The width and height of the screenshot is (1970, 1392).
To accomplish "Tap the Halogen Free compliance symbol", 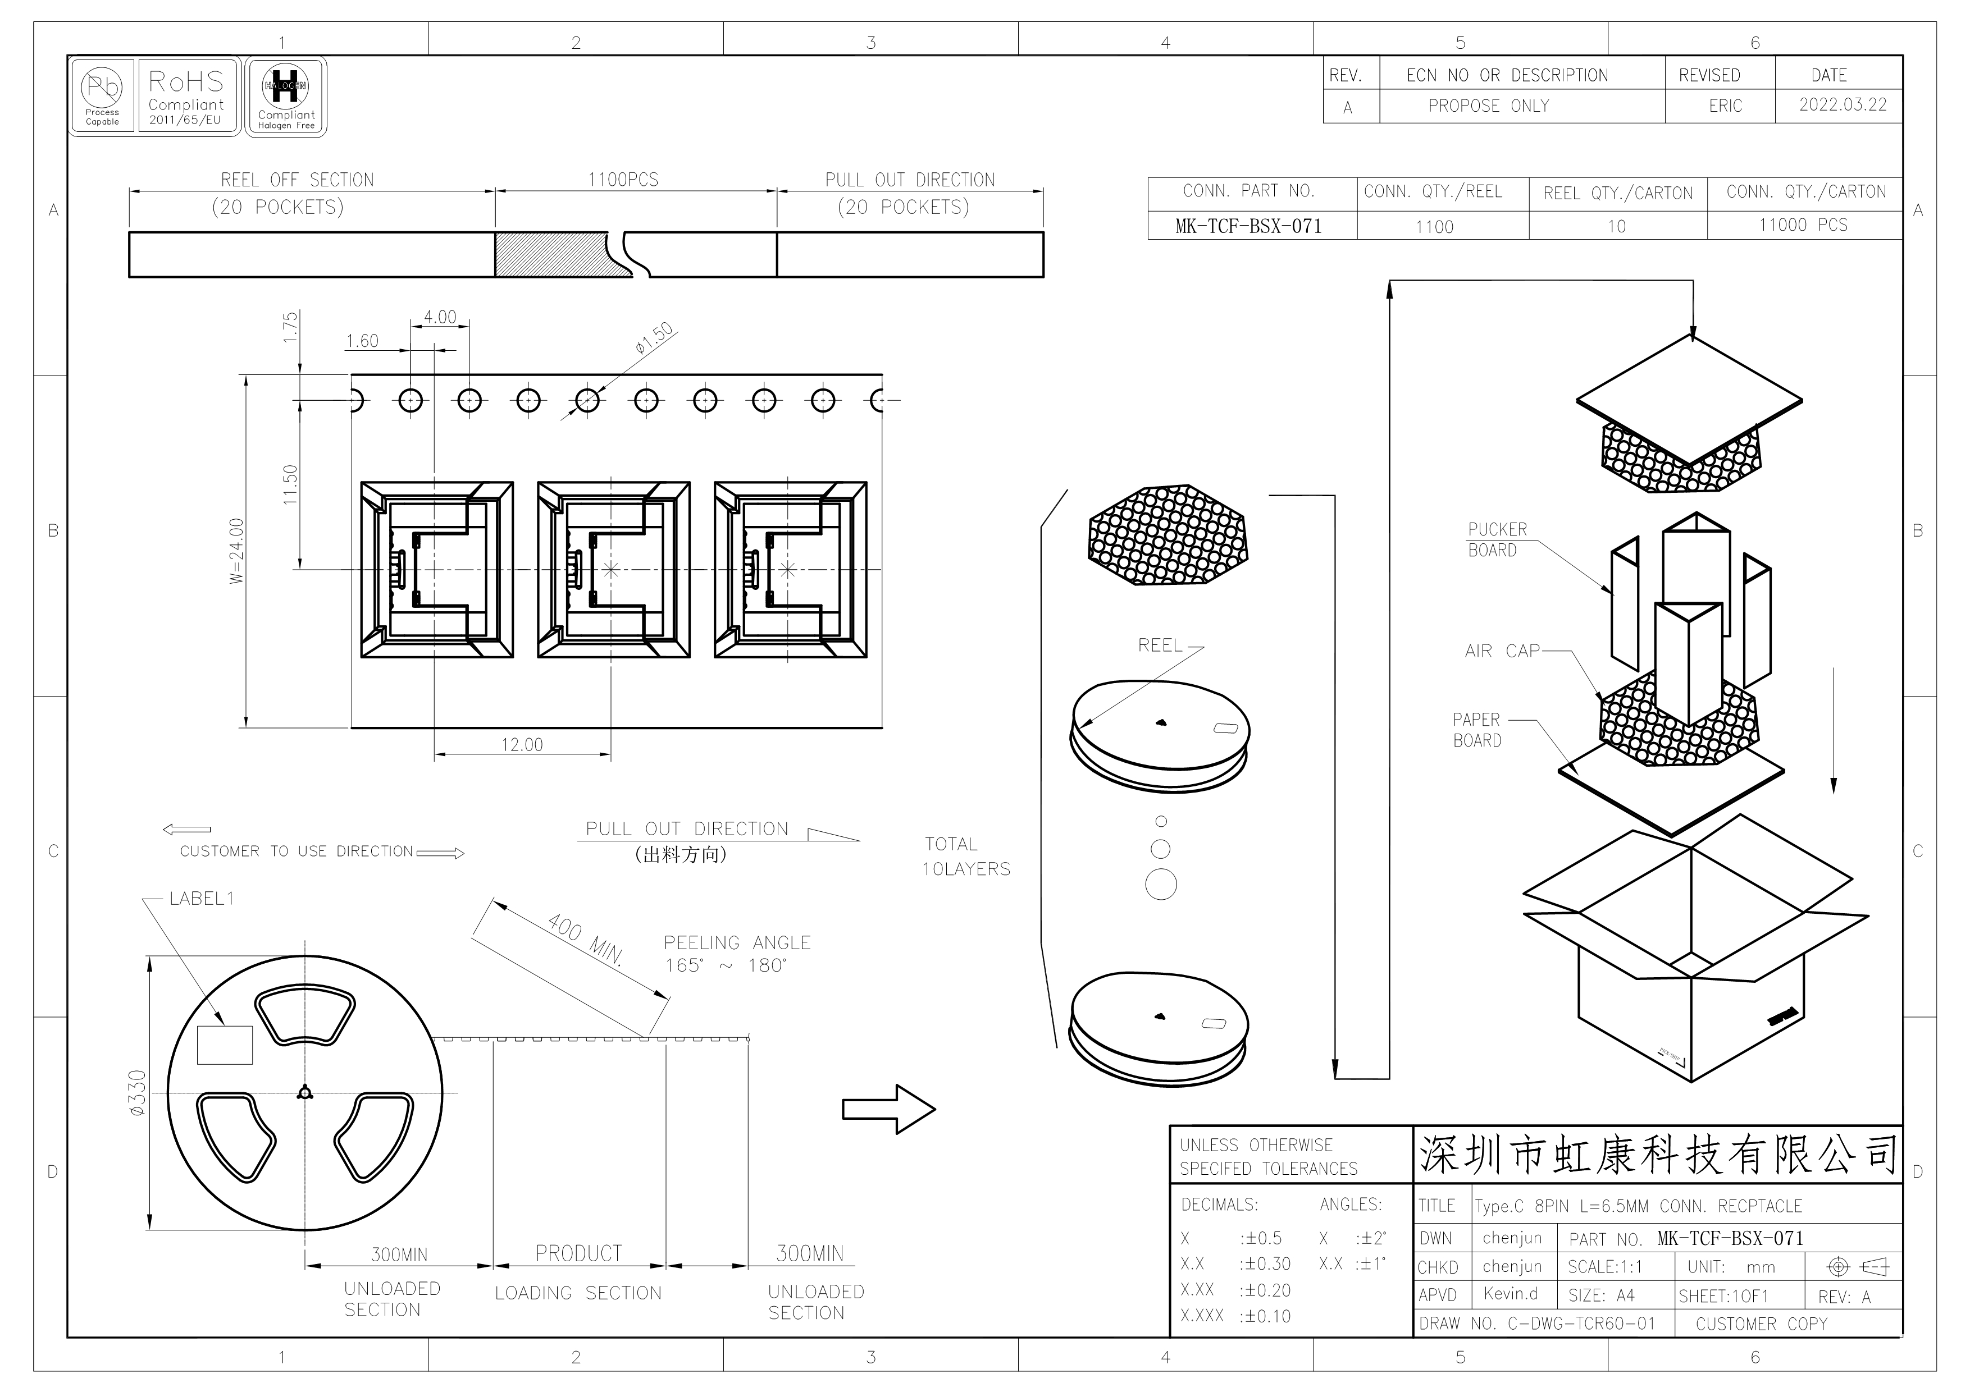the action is pyautogui.click(x=286, y=96).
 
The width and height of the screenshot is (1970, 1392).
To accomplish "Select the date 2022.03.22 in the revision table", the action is pyautogui.click(x=1843, y=104).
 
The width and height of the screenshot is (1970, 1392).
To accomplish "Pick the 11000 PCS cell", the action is pyautogui.click(x=1804, y=225).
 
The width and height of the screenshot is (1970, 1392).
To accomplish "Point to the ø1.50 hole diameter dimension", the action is pyautogui.click(x=654, y=338).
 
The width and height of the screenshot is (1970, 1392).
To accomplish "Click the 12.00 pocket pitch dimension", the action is pyautogui.click(x=522, y=744).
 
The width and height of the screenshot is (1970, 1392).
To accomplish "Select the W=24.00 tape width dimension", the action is pyautogui.click(x=237, y=551).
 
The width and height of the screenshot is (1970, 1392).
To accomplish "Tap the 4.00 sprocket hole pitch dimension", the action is pyautogui.click(x=440, y=317).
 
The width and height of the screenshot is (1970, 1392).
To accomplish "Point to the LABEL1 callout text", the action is pyautogui.click(x=202, y=899).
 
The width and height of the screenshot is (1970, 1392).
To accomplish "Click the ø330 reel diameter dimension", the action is pyautogui.click(x=137, y=1093).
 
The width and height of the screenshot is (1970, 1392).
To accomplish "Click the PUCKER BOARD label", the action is pyautogui.click(x=1497, y=541).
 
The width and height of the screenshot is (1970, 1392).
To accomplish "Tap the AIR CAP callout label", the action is pyautogui.click(x=1502, y=651).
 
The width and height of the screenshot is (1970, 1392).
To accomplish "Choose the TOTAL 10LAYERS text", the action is pyautogui.click(x=966, y=857).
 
